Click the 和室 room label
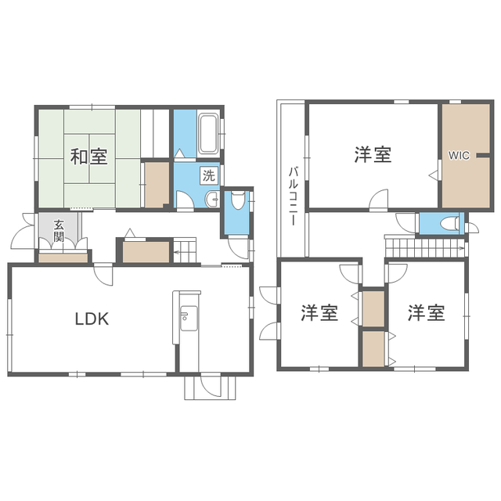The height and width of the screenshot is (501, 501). (x=88, y=157)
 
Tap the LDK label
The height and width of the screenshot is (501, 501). (x=92, y=319)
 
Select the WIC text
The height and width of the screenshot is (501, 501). (x=459, y=156)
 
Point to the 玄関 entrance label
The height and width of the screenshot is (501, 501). (x=59, y=230)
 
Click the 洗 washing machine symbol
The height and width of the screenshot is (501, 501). (x=209, y=175)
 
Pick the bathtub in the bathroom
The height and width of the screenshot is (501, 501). (x=208, y=134)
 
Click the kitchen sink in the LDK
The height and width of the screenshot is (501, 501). (x=189, y=318)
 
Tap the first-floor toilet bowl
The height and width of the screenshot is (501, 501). (x=237, y=200)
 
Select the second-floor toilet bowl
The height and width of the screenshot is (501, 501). (x=449, y=223)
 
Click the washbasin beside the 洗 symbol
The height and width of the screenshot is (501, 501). (x=212, y=200)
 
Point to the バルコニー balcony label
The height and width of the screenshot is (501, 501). (x=294, y=196)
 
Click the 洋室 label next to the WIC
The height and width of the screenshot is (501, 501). (x=373, y=155)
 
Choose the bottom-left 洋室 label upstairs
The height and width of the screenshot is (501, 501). (x=319, y=313)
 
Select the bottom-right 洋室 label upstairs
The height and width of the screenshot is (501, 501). (x=426, y=313)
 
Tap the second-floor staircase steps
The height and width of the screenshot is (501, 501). (x=424, y=247)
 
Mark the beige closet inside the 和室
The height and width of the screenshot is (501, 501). (x=157, y=185)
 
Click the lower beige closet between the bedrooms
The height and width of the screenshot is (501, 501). (x=373, y=348)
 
